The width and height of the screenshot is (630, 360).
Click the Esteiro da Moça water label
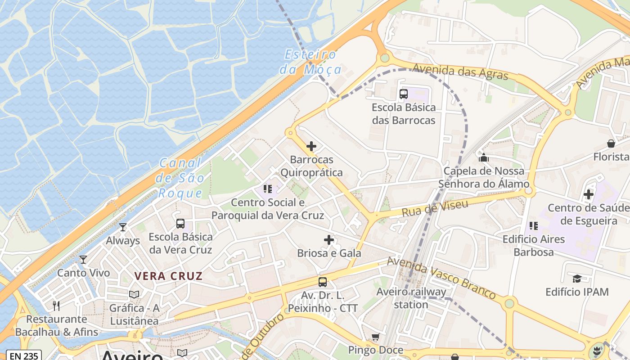(310, 62)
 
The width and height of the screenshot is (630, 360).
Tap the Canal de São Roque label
(180, 178)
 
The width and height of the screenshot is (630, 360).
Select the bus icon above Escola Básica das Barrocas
(404, 94)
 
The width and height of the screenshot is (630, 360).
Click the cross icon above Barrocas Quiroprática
(311, 146)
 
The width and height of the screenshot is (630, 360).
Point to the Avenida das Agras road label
(460, 72)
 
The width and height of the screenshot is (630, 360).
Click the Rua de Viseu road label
(434, 209)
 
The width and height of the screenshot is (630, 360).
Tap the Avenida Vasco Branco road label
(441, 278)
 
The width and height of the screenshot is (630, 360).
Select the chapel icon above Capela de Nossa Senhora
(484, 157)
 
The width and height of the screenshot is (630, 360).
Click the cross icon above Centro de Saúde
(588, 194)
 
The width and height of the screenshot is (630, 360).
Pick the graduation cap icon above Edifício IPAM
(577, 279)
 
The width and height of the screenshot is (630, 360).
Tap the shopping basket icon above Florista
(611, 144)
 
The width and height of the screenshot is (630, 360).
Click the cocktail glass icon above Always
(123, 227)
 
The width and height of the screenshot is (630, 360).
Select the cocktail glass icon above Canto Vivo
(83, 259)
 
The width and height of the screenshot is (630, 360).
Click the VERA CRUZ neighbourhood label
(169, 276)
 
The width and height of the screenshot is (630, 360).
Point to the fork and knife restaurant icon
(56, 306)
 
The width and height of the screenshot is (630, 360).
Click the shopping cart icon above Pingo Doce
(375, 337)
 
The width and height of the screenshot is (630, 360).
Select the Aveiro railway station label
(411, 298)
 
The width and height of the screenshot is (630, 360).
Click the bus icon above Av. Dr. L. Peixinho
(323, 282)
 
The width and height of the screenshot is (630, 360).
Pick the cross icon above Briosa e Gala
(329, 240)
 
